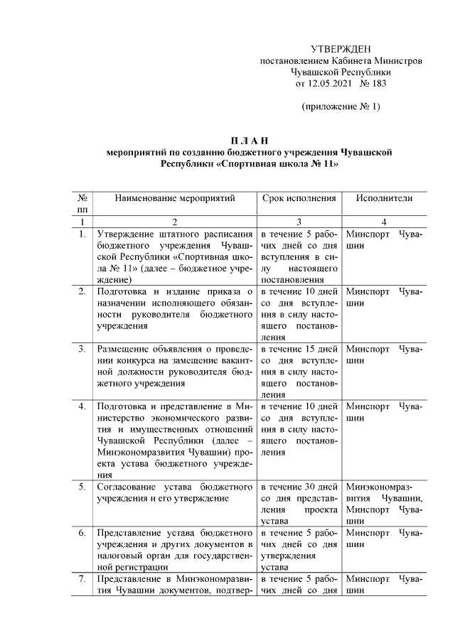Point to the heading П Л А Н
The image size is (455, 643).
pyautogui.click(x=248, y=139)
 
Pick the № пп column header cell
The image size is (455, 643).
pyautogui.click(x=82, y=204)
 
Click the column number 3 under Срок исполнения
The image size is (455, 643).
pyautogui.click(x=299, y=222)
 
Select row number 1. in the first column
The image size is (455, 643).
pyautogui.click(x=82, y=234)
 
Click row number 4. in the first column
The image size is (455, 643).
pyautogui.click(x=82, y=406)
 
